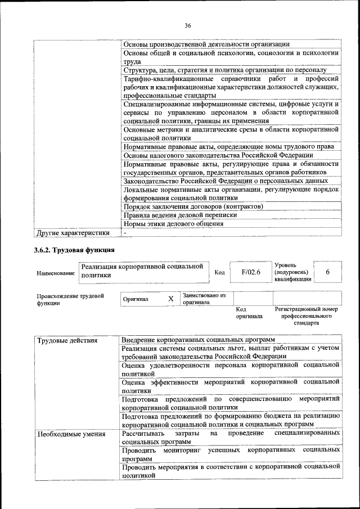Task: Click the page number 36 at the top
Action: tap(188, 25)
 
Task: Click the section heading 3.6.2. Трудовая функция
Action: tap(74, 249)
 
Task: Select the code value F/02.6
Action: tap(251, 272)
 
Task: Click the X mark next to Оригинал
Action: tap(170, 299)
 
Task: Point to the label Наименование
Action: tap(55, 273)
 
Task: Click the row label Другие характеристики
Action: tap(72, 232)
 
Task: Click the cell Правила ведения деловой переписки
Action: tap(179, 215)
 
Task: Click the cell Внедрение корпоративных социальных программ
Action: tap(199, 341)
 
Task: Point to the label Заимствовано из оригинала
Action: tap(204, 298)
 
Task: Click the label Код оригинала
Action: tap(249, 313)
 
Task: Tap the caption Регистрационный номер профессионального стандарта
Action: tap(307, 316)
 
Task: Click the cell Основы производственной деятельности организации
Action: tap(206, 44)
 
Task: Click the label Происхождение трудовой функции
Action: tap(70, 299)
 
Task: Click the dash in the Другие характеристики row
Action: tap(125, 232)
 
